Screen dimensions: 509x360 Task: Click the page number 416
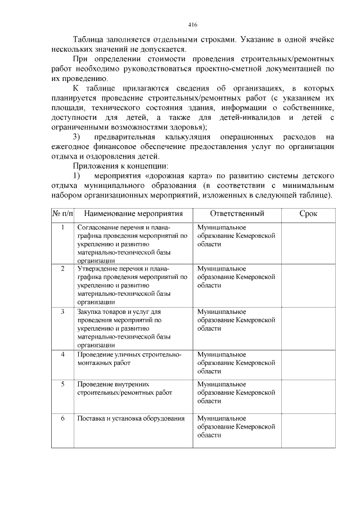pos(192,25)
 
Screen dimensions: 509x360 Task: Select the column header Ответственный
pos(237,214)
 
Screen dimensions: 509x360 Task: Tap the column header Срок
pos(308,214)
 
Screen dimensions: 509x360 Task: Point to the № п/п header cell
pos(62,214)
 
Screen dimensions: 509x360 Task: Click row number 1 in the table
pos(62,227)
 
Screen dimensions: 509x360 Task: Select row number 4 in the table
pos(62,354)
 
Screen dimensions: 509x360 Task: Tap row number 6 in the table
pos(62,418)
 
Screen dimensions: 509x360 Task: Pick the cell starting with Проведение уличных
pos(129,359)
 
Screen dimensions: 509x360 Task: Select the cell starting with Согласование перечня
pos(132,244)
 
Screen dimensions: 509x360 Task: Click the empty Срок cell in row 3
pos(308,328)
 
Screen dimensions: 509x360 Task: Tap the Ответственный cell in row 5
pos(237,393)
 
